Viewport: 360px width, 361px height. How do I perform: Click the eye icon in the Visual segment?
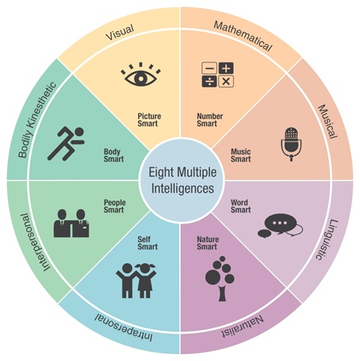[x=141, y=75]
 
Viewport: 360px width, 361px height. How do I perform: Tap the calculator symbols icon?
[x=217, y=74]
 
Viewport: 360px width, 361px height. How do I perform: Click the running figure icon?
[x=66, y=144]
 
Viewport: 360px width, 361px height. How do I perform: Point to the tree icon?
[x=220, y=279]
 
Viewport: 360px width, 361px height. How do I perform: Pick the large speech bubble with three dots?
[x=279, y=223]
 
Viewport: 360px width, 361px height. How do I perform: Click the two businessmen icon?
[x=71, y=223]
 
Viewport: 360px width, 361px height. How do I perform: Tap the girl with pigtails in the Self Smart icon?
[x=145, y=280]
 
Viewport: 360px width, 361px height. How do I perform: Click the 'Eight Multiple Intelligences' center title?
[x=182, y=180]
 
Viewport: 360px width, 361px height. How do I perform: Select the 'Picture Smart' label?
[x=149, y=120]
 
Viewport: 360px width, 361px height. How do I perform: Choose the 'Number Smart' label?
[x=210, y=120]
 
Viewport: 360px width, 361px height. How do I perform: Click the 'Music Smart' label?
[x=241, y=155]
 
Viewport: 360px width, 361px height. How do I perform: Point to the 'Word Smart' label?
[x=241, y=206]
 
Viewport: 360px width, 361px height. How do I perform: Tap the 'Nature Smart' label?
[x=207, y=242]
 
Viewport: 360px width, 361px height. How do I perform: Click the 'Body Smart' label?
[x=114, y=155]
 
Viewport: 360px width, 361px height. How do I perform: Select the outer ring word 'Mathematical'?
[x=243, y=36]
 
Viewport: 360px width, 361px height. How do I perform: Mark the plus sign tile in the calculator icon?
[x=226, y=68]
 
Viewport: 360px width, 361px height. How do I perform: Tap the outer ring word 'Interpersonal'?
[x=33, y=242]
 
